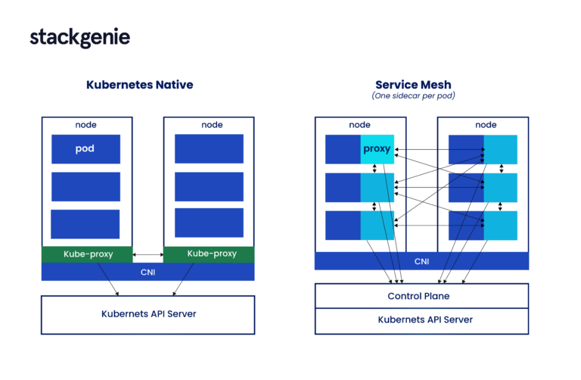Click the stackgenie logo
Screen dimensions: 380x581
click(80, 38)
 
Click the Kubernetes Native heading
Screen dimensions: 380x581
click(139, 85)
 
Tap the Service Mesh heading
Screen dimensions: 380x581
click(413, 85)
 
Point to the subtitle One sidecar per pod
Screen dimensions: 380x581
click(413, 97)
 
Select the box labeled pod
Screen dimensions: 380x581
click(85, 149)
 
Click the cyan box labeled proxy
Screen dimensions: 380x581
click(377, 149)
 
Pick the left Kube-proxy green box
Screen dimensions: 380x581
click(86, 254)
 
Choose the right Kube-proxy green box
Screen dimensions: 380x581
click(209, 254)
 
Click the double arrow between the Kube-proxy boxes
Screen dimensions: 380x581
click(148, 254)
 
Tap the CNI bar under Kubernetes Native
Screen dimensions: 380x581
click(148, 272)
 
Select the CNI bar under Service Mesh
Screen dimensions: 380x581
click(421, 261)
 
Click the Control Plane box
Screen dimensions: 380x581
click(421, 296)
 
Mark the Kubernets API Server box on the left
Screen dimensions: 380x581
click(148, 313)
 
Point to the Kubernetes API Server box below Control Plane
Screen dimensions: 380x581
click(421, 320)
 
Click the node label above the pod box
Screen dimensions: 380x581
click(85, 125)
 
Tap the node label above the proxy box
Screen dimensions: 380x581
click(359, 125)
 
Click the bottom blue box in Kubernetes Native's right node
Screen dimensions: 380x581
click(209, 223)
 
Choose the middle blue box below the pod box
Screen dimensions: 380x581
click(85, 186)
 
